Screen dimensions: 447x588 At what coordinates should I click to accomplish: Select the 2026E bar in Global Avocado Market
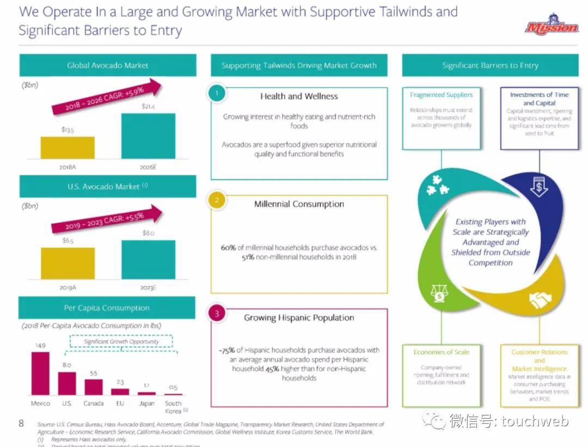(x=148, y=136)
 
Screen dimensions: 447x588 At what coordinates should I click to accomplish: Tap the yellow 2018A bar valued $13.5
(x=68, y=147)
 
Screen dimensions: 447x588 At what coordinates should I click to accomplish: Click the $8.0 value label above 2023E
(x=149, y=232)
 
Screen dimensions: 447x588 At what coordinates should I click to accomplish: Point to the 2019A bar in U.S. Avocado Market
(x=68, y=263)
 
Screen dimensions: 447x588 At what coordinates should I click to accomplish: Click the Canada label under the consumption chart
(x=93, y=403)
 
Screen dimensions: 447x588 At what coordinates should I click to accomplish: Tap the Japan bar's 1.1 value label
(x=146, y=385)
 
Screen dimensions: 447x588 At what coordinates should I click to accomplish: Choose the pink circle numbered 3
(x=217, y=313)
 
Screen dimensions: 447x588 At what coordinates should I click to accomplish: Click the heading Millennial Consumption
(x=299, y=204)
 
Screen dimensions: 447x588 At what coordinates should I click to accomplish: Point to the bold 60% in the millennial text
(x=228, y=247)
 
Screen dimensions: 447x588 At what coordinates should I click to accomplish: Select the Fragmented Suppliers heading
(x=441, y=95)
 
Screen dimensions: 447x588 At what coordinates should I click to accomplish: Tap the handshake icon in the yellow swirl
(x=540, y=299)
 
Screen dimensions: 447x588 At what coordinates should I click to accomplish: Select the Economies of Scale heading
(x=441, y=352)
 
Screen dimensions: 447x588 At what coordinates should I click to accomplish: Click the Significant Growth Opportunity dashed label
(x=121, y=341)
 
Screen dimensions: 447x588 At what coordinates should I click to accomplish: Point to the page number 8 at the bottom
(x=21, y=422)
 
